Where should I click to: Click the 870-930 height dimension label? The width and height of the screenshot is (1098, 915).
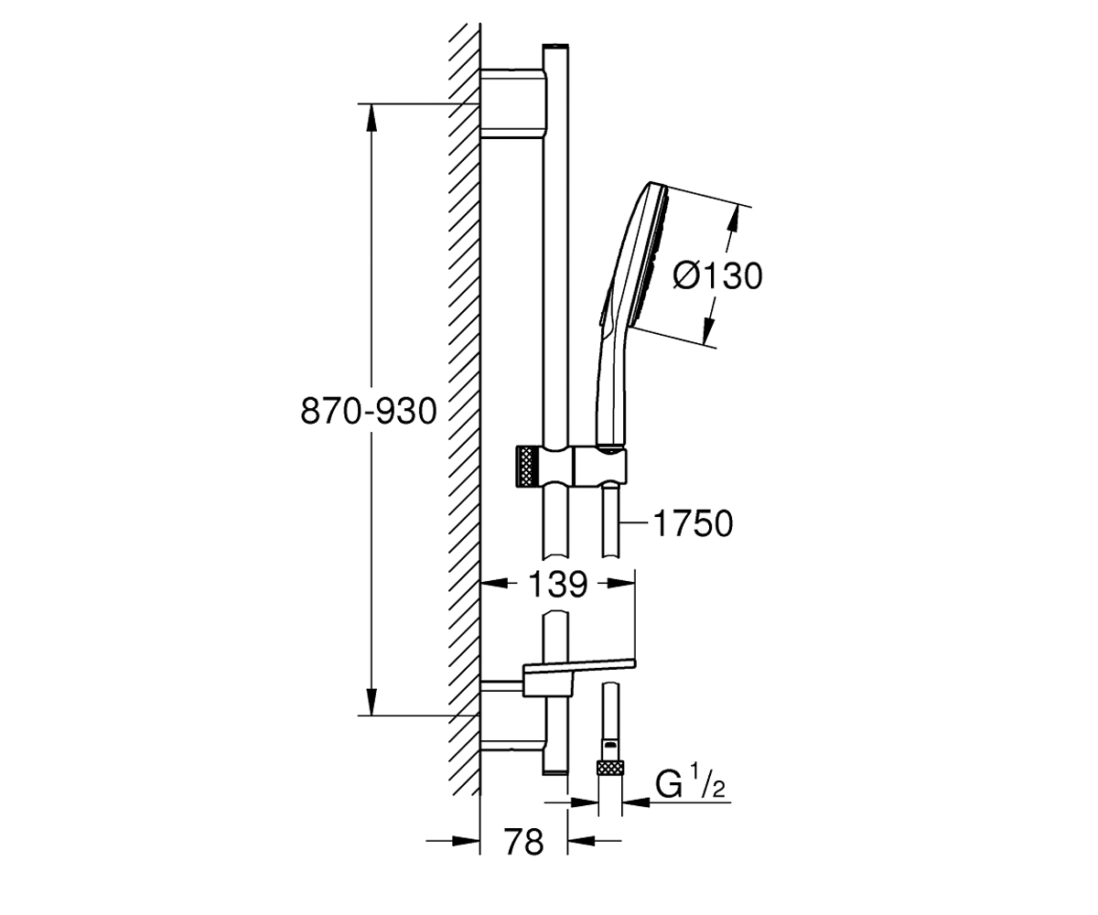[369, 411]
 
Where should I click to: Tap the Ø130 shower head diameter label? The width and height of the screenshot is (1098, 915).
[717, 275]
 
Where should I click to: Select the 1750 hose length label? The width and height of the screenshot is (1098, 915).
[693, 523]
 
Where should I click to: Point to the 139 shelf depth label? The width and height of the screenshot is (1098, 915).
[557, 585]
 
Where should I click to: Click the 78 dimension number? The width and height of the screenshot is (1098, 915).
[523, 842]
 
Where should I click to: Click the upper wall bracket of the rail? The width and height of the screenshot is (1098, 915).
[513, 103]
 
